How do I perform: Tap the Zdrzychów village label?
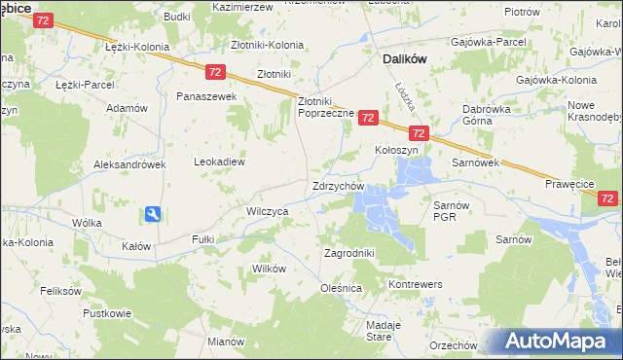coord(338,186)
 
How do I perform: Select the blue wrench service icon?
coord(153,214)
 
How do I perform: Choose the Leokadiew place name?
coord(219,162)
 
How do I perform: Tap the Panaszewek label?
coord(206,97)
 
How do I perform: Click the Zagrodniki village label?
coord(348,253)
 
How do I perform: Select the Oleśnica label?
coord(341,289)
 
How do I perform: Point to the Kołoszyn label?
coord(396,151)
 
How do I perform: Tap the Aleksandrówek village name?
coord(129,164)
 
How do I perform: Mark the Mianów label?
coord(225,342)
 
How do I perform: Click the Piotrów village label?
coord(523,11)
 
